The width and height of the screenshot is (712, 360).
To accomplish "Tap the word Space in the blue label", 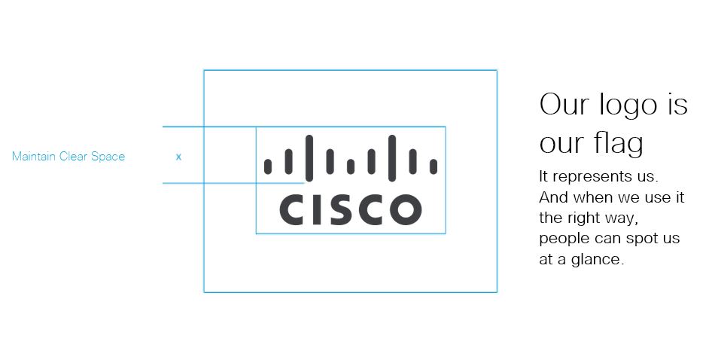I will tap(108, 157).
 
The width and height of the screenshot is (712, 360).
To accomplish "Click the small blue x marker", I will tap(178, 157).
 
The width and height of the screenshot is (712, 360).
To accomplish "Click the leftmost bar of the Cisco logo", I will tap(268, 166).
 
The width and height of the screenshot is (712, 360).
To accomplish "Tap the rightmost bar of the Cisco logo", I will tap(434, 166).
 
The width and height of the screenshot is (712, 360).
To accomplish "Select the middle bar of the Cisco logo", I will tap(351, 166).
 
